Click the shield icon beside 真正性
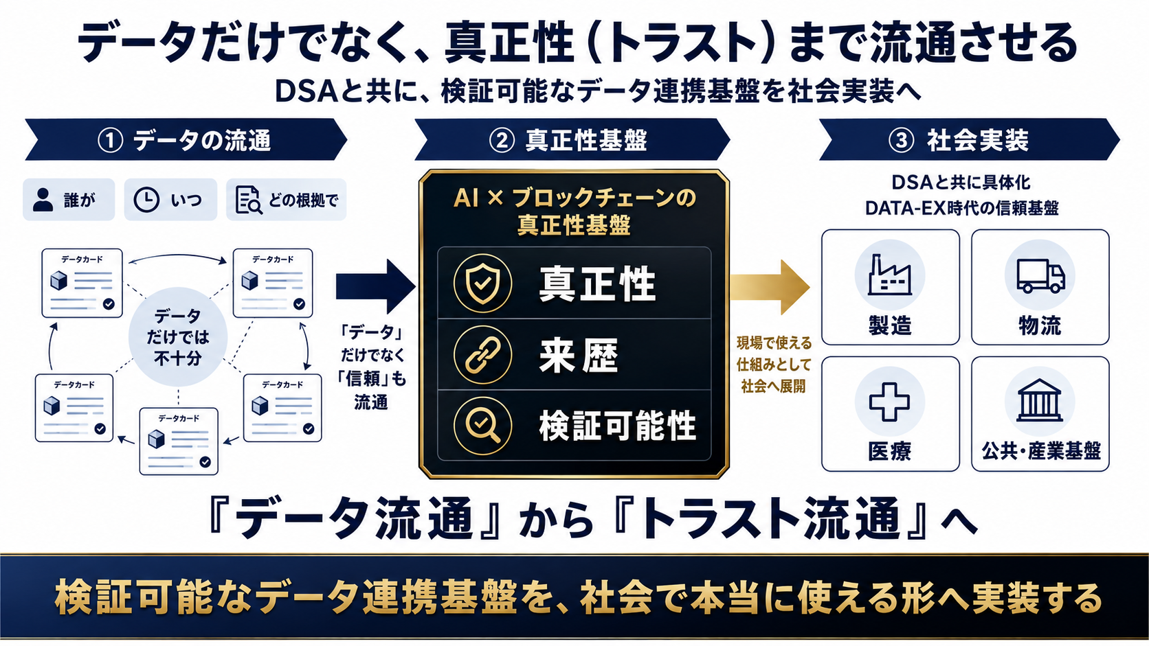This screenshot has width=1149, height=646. [x=482, y=284]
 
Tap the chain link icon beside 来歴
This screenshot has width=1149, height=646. [x=482, y=354]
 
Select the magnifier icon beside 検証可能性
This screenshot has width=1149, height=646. [x=482, y=426]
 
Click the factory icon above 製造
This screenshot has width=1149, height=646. [x=889, y=275]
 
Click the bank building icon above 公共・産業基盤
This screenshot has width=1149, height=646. [x=1040, y=400]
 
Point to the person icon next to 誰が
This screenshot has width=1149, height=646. [x=43, y=200]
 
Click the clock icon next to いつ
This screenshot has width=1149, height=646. [x=146, y=200]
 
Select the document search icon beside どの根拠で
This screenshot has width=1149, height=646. [x=249, y=200]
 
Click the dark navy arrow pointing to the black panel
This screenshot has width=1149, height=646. [x=375, y=286]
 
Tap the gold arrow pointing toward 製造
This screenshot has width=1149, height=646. [x=770, y=287]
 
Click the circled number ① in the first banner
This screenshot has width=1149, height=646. [x=110, y=140]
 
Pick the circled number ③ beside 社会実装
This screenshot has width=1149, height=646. [x=901, y=140]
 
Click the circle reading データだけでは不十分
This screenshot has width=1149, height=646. [x=178, y=336]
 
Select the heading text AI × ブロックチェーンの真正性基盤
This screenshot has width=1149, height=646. [x=574, y=211]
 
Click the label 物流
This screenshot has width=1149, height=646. [x=1040, y=325]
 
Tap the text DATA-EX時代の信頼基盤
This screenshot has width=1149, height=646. [x=962, y=208]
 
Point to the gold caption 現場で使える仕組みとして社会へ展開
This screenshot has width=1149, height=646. [x=774, y=365]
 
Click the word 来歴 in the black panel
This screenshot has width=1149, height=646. [x=579, y=355]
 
